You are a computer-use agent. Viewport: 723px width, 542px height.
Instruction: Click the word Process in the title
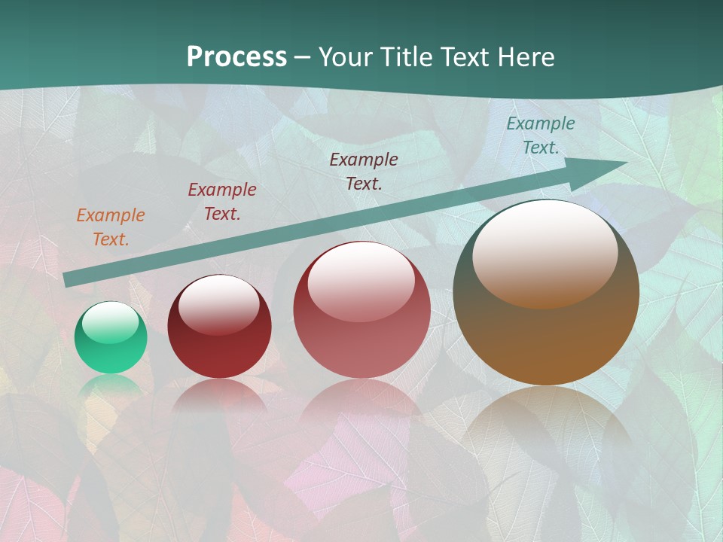[x=236, y=57]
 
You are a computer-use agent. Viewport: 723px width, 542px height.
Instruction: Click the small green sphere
[x=111, y=338]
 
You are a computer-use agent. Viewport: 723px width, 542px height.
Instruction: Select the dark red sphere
[x=219, y=327]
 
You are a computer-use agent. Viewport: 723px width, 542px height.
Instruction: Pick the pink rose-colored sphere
[x=361, y=309]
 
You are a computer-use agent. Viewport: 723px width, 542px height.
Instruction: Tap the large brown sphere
[x=546, y=293]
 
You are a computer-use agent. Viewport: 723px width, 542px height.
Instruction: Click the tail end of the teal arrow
[x=68, y=280]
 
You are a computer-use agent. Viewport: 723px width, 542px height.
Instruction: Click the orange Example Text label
[x=111, y=227]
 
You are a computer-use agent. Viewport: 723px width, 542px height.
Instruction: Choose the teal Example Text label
[x=541, y=135]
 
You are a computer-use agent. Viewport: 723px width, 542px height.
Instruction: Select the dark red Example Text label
[x=222, y=202]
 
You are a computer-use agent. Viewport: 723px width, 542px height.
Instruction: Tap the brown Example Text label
[x=364, y=171]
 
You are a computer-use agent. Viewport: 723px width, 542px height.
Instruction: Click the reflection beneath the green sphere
[x=111, y=385]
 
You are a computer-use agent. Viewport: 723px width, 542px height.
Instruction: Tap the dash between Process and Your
[x=302, y=57]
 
